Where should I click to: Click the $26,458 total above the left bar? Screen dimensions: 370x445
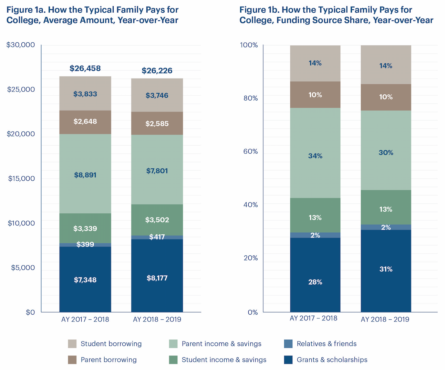coord(85,68)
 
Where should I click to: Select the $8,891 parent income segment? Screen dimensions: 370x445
coord(85,175)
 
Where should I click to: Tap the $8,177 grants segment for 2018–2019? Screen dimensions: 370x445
coord(157,278)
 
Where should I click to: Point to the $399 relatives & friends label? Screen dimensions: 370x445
coord(85,245)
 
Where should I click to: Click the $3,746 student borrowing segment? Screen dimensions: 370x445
coord(157,95)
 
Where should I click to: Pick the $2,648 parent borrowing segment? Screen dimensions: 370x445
coord(85,121)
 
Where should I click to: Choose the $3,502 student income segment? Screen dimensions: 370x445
coord(157,220)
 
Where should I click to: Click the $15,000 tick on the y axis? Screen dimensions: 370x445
coord(21,179)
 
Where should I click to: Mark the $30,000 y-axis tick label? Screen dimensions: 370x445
coord(21,45)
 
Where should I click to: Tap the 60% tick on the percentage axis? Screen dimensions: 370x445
coord(251,151)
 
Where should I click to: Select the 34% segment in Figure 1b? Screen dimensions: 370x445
coord(315,156)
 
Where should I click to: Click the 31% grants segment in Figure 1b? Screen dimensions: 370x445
coord(386,269)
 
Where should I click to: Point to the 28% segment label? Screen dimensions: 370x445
coord(315,282)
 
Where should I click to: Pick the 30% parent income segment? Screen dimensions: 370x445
coord(386,152)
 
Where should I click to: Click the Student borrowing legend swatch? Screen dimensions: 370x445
coord(72,344)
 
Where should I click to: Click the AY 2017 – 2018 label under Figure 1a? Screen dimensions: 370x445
coord(85,319)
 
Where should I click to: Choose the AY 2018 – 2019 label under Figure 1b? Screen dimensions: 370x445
coord(385,319)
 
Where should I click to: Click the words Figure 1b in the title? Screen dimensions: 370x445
coord(259,10)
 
